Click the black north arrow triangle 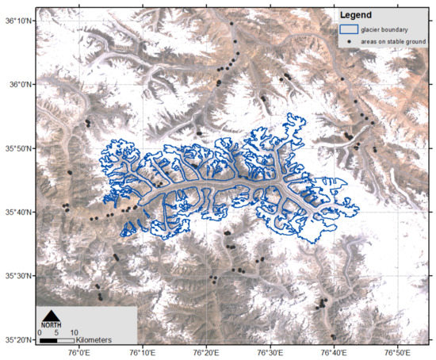coord(50,313)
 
